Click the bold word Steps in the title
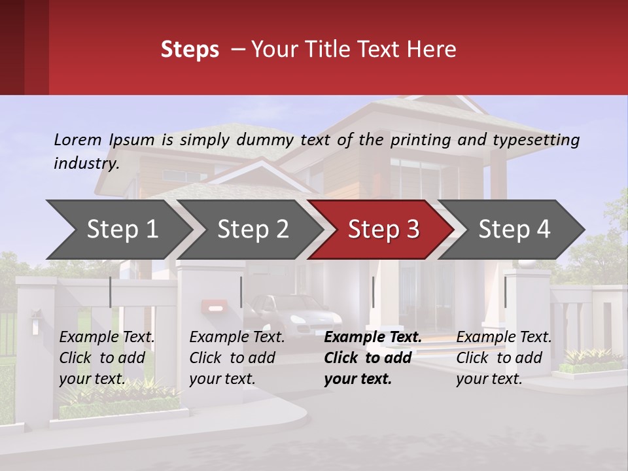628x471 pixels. pos(190,50)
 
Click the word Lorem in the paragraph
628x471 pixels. pos(77,140)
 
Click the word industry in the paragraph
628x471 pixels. pos(86,164)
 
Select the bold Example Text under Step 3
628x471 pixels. pos(373,338)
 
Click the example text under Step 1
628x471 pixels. pos(107,358)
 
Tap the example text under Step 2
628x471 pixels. pos(237,358)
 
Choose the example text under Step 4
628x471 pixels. pos(504,358)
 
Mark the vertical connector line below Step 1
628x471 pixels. pos(111,292)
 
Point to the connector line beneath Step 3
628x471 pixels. pos(373,292)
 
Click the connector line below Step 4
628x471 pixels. pos(505,292)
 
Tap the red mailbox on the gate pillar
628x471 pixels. pos(215,305)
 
